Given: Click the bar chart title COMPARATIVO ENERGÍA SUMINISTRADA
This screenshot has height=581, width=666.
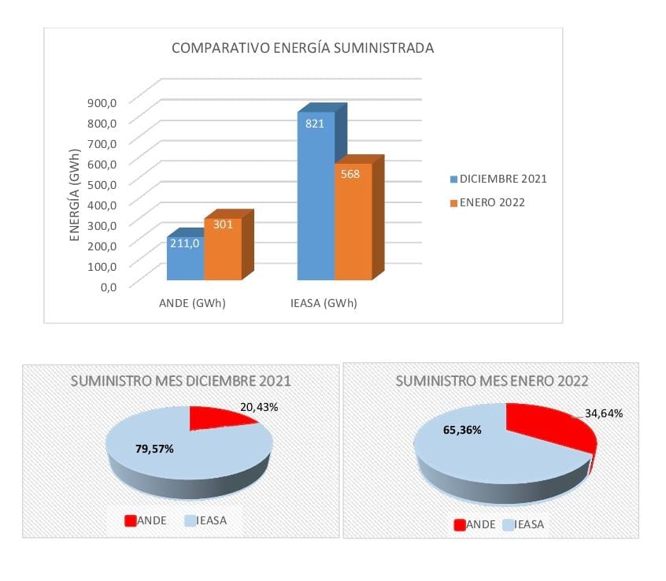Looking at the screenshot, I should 303,49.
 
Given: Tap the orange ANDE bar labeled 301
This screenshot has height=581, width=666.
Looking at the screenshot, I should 223,248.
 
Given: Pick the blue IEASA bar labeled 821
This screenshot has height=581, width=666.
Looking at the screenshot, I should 316,197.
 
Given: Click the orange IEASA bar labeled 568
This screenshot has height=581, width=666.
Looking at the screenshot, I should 353,220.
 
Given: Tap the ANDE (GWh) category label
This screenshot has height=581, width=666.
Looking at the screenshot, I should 192,304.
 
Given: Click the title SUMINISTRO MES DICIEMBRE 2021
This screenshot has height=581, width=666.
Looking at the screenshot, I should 181,381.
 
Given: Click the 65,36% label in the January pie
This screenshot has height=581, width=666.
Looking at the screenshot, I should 461,431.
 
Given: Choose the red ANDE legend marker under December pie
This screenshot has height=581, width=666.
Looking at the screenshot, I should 131,520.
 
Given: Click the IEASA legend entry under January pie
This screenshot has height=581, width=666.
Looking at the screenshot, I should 527,524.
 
